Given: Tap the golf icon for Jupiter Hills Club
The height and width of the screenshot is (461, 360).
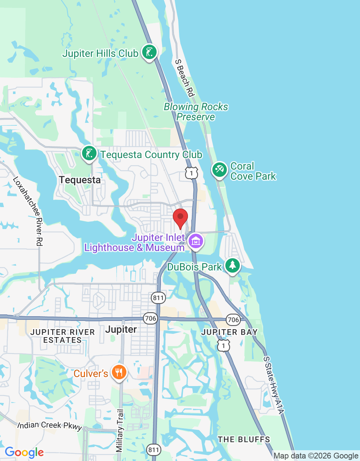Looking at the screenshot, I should tap(149, 52).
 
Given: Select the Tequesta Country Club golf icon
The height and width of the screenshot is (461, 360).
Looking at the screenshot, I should tap(89, 153).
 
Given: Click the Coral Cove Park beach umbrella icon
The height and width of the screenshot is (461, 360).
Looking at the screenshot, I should tap(219, 170).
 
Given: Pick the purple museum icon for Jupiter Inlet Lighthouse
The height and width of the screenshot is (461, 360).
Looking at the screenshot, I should tap(196, 241).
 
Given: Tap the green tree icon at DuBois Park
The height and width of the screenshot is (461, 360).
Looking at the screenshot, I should tap(233, 265).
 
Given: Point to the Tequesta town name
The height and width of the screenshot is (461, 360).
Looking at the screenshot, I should tap(80, 180).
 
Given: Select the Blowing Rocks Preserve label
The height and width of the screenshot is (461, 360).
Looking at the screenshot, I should tap(196, 112).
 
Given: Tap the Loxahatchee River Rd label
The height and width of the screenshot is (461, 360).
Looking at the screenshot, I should tap(28, 212).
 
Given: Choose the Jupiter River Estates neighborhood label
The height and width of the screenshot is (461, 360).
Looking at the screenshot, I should tap(62, 336).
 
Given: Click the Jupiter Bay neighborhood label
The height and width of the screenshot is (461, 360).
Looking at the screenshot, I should tap(229, 332).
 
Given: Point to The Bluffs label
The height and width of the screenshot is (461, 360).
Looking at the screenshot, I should tap(244, 439).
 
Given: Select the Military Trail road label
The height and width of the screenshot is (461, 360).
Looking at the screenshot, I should tap(120, 430).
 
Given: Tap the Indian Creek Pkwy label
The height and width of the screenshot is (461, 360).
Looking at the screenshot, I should tap(50, 426).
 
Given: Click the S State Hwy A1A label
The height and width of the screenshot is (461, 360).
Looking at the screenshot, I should tap(274, 385).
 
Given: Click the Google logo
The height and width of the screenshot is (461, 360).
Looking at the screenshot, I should tap(24, 452).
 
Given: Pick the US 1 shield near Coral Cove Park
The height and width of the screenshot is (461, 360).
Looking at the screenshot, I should tap(192, 173).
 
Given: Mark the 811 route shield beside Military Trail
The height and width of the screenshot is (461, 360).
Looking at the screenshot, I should tap(154, 449).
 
